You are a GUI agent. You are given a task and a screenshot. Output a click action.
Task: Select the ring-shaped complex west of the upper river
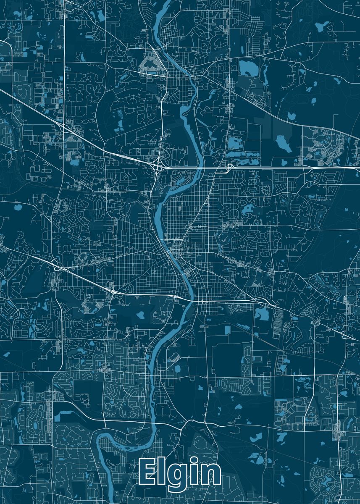click(x=150, y=65)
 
